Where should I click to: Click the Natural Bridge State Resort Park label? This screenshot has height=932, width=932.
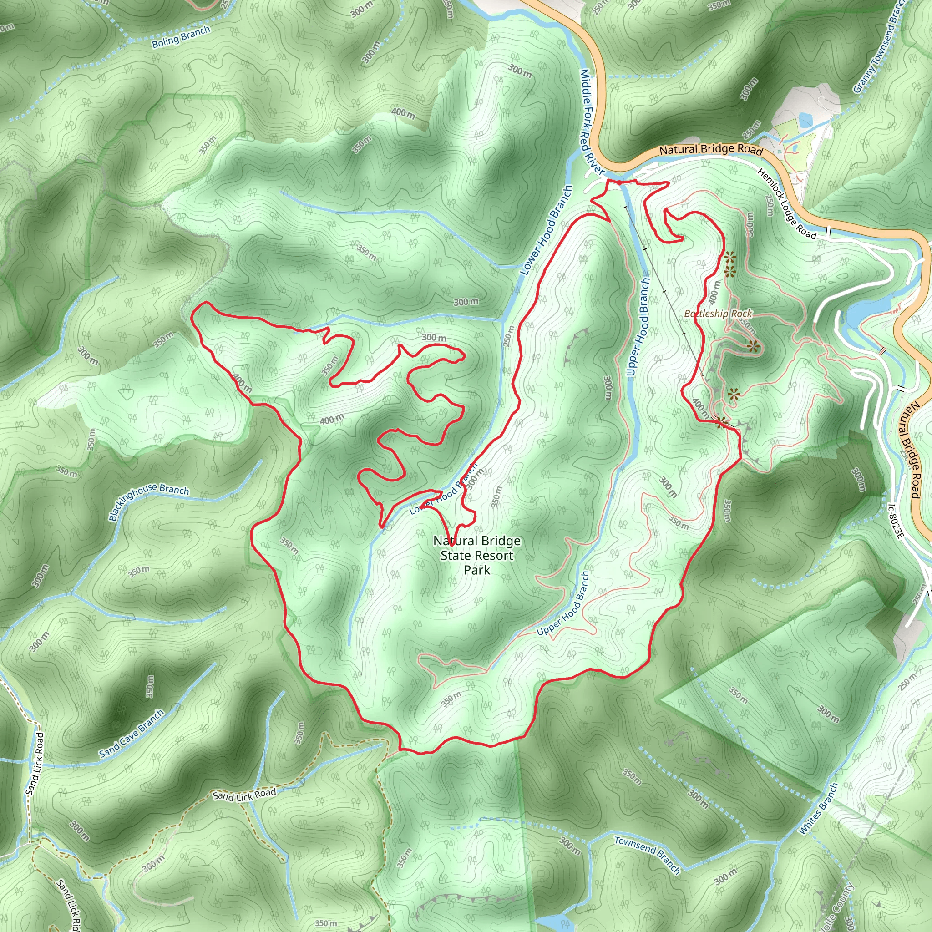(476, 555)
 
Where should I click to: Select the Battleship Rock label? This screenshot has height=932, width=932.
(718, 314)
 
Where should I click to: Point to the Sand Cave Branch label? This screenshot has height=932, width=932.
(132, 733)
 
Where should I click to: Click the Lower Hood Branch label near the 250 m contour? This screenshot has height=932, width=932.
(546, 230)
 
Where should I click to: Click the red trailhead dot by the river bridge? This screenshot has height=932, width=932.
(619, 183)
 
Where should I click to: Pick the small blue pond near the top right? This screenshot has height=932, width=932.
(804, 119)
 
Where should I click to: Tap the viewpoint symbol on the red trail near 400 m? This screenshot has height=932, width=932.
(722, 423)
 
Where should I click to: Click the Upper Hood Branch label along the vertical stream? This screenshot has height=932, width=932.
(638, 327)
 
